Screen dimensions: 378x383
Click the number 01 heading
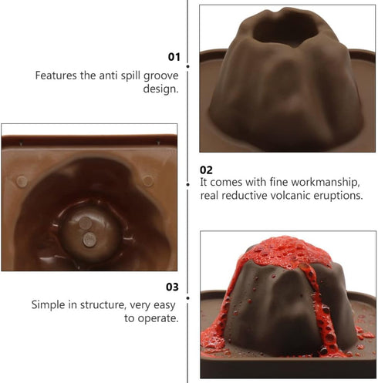click(x=174, y=57)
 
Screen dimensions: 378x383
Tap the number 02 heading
click(x=206, y=170)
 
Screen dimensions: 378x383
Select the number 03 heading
click(x=172, y=287)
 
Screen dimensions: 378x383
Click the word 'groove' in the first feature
click(x=161, y=76)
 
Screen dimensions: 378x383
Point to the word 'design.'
click(x=160, y=89)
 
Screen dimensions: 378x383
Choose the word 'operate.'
click(x=158, y=318)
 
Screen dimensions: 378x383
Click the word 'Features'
click(x=56, y=76)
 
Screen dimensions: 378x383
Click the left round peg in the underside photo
click(x=22, y=181)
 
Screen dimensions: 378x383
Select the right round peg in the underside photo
click(x=148, y=180)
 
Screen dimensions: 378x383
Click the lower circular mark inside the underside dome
click(x=89, y=240)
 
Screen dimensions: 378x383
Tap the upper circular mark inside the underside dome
click(x=85, y=223)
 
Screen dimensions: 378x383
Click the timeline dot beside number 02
click(x=188, y=184)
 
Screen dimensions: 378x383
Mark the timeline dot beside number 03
click(x=188, y=298)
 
